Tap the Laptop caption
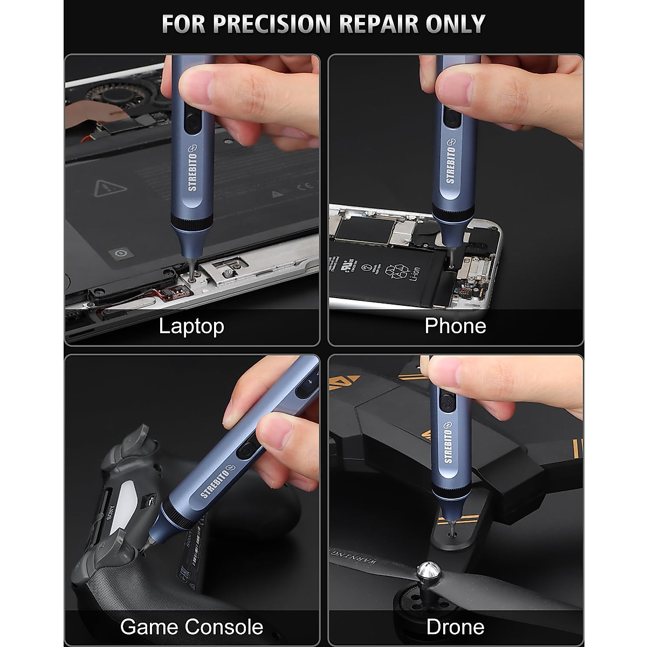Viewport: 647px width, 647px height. pos(191,326)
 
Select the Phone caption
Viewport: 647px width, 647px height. pos(455,326)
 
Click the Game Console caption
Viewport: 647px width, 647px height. pos(191,627)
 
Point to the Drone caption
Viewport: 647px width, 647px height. pos(455,627)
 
